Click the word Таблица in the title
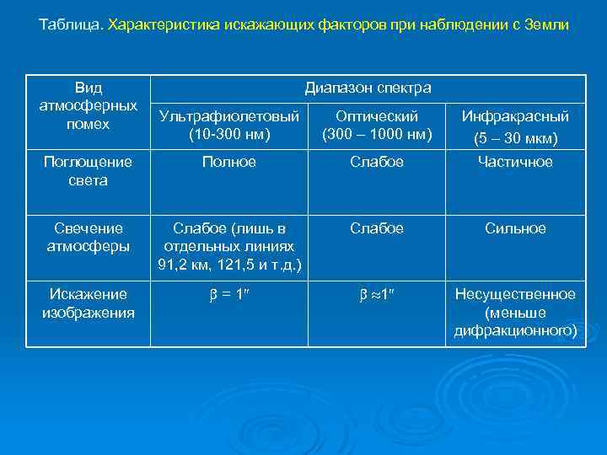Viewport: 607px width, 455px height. [71, 25]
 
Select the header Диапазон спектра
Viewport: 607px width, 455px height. [368, 88]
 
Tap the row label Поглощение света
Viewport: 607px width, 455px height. [88, 171]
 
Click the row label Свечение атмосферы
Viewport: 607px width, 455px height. [88, 238]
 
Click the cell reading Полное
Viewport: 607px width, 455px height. [229, 162]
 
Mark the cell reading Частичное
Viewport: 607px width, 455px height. [515, 162]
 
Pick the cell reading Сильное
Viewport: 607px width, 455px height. [515, 228]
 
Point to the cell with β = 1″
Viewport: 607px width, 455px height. [229, 295]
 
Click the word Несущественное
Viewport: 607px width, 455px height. [515, 294]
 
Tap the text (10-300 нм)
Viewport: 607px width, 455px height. [229, 133]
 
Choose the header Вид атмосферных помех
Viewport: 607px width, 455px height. [88, 106]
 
